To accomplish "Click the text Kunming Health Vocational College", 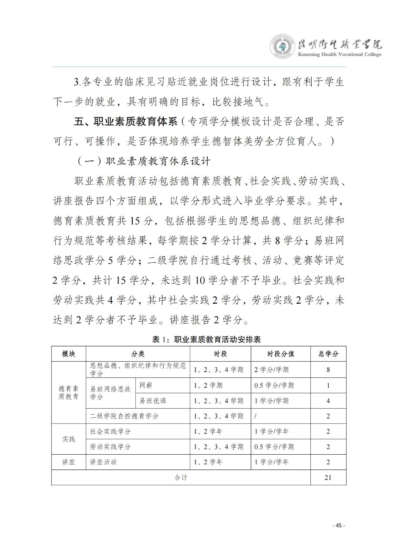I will click(340, 54).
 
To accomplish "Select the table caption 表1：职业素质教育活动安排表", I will click(197, 339).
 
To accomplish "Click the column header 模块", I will click(68, 354).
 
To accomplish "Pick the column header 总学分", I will click(328, 354).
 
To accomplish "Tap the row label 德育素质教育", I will click(68, 393).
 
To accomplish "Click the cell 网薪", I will click(145, 386).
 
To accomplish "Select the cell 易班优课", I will click(152, 401).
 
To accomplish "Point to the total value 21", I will click(328, 477).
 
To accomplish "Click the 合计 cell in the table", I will click(181, 477).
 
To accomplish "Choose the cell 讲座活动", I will click(104, 462).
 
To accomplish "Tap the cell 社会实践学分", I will click(110, 432).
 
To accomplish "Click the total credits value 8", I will click(328, 370).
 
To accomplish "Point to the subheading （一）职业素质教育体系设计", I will click(144, 161).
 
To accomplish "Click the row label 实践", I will click(68, 439).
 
